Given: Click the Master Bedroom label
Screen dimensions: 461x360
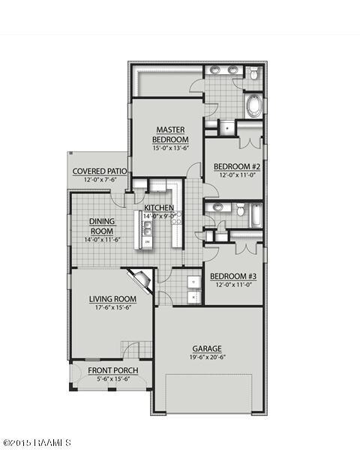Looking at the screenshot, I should [170, 134].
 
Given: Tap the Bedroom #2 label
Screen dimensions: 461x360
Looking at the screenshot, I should [236, 166].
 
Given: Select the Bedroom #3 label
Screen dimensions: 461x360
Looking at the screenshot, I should [233, 275].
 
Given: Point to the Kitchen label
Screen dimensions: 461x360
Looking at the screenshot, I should [159, 208].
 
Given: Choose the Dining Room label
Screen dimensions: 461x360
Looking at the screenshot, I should [101, 226].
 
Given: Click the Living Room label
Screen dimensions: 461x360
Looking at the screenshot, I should [112, 299].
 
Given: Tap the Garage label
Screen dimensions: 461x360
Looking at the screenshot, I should [207, 349].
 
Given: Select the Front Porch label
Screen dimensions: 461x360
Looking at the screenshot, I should [112, 370].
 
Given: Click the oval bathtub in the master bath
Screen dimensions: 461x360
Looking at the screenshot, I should [253, 105].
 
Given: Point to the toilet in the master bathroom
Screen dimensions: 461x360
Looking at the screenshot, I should [253, 73].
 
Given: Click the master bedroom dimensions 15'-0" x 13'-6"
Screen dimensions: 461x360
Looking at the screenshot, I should [170, 148].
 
